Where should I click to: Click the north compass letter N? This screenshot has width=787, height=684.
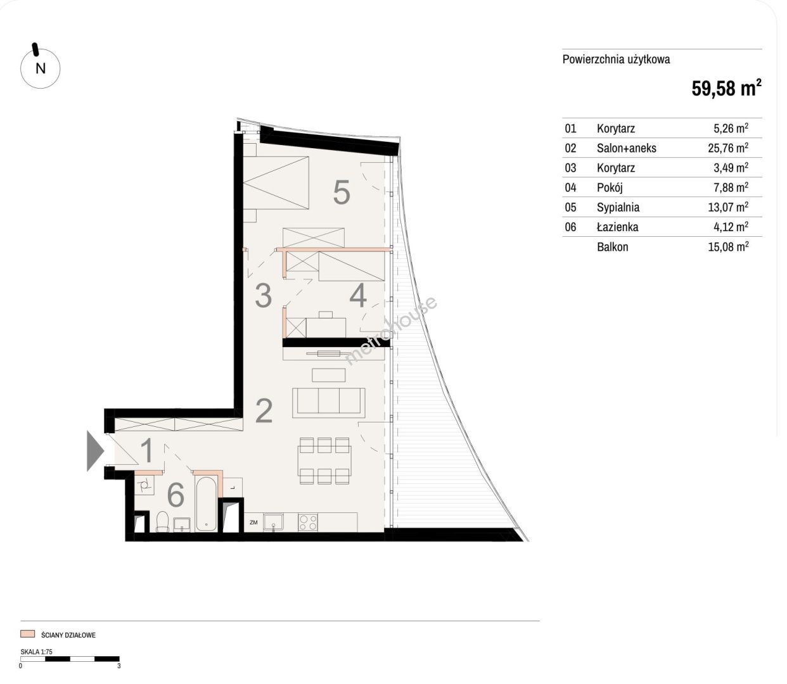tap(41, 68)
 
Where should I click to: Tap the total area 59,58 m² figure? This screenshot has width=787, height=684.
tap(726, 88)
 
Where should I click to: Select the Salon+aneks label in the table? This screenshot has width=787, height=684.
tap(626, 148)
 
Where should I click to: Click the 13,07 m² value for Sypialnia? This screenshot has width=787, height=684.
tap(728, 207)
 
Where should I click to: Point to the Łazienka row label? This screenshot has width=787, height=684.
tap(617, 227)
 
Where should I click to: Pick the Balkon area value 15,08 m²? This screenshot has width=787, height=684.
tap(728, 246)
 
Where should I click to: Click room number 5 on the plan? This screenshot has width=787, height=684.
tap(342, 193)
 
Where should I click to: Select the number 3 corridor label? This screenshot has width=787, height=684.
tap(264, 295)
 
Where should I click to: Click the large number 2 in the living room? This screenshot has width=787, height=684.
tap(264, 410)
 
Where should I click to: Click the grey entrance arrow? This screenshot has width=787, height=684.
tap(95, 451)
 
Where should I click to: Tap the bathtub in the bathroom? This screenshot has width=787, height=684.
tap(206, 504)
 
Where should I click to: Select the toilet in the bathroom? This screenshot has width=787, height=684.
tap(162, 522)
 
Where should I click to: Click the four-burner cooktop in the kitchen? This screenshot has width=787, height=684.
tap(308, 522)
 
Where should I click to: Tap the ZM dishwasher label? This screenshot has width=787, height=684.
tap(253, 522)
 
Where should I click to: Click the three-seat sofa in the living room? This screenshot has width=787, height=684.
tap(328, 403)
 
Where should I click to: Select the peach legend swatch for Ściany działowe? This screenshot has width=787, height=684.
tap(28, 634)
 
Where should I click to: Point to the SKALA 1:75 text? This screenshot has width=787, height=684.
tap(36, 652)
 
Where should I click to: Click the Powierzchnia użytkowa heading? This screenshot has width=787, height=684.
tap(616, 59)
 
